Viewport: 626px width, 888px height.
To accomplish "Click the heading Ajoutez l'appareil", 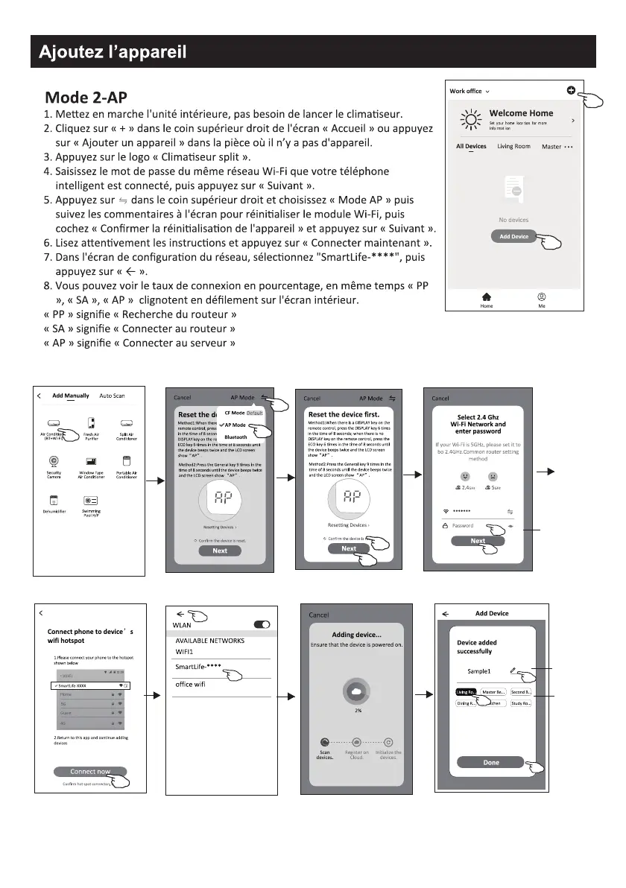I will [113, 51].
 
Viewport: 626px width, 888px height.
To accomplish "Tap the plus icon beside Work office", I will [570, 91].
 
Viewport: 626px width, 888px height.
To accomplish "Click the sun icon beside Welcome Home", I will [469, 119].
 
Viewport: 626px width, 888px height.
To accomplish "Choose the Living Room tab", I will [514, 147].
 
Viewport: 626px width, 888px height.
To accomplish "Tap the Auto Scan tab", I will [112, 396].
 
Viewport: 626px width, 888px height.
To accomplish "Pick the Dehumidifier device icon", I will [54, 501].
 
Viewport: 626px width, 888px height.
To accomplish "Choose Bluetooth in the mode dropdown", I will [236, 437].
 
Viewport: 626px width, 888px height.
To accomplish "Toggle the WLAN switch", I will [262, 624].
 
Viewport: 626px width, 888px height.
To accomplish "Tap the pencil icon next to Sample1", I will [513, 670].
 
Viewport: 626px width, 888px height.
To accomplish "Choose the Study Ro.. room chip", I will [520, 703].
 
